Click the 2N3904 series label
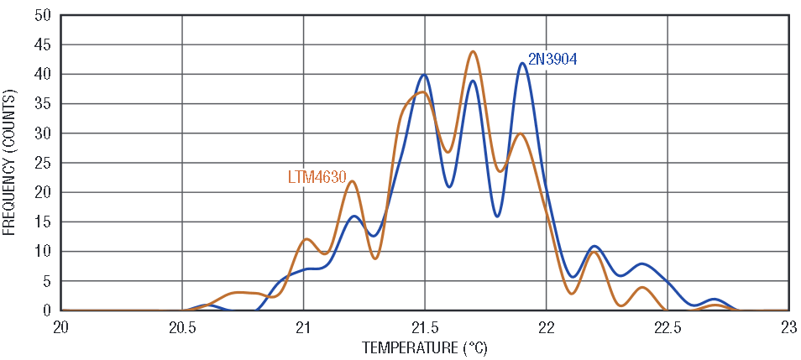click(x=552, y=60)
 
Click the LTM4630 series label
click(x=317, y=178)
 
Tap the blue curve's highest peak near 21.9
click(x=522, y=64)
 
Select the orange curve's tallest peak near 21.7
click(x=474, y=52)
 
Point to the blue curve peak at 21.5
click(x=424, y=76)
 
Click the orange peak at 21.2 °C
click(x=353, y=181)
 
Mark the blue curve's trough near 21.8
click(x=498, y=216)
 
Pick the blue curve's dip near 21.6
click(x=449, y=186)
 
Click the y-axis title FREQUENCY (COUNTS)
click(x=10, y=163)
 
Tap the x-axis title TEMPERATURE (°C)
click(x=424, y=347)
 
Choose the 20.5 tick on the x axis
click(x=182, y=326)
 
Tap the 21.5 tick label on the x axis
click(x=425, y=326)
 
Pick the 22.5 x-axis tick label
click(x=667, y=326)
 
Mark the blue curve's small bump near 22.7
click(x=715, y=299)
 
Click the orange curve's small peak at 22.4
click(x=642, y=288)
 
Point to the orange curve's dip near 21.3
click(x=375, y=258)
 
